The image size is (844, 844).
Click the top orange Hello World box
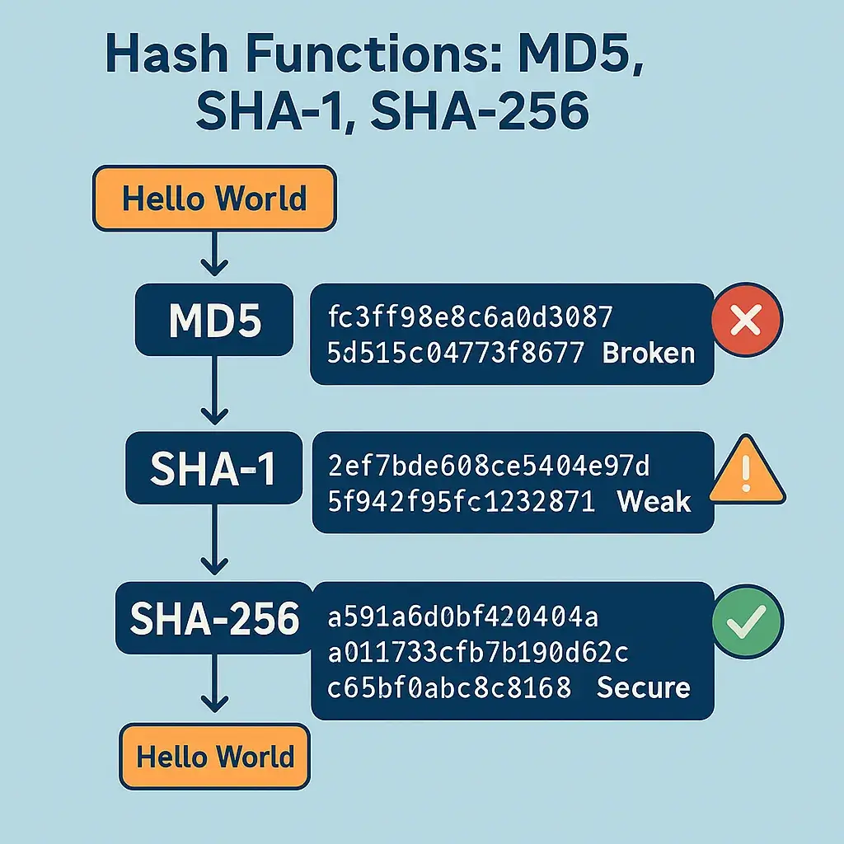point(214,198)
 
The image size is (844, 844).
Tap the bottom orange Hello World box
point(214,756)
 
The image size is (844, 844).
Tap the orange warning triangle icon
point(747,475)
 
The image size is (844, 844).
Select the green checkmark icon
point(747,620)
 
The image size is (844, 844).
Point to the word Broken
point(649,353)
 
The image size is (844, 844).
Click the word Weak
point(654,500)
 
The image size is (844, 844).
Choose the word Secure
point(643,687)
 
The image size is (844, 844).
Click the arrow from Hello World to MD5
point(214,254)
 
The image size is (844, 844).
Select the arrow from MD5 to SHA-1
point(214,396)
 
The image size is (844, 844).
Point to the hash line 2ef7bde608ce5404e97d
point(488,467)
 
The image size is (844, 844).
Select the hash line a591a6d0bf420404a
point(463,617)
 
